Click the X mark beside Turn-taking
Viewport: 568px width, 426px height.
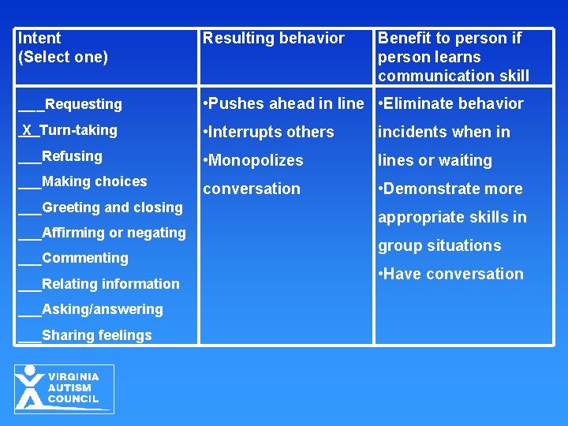point(28,130)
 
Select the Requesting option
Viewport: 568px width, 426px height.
point(83,104)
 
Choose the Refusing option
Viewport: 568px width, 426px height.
point(72,156)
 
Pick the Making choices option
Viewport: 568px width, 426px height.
point(94,181)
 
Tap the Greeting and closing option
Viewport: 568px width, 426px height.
point(111,207)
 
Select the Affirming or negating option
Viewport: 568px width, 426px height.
point(114,233)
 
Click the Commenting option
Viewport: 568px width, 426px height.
point(84,258)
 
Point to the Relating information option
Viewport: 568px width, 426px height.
point(110,284)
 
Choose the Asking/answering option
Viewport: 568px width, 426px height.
point(102,309)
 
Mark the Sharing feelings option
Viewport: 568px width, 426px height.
point(96,335)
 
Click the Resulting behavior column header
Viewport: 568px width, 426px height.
point(273,38)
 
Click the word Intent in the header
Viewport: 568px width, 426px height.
point(39,38)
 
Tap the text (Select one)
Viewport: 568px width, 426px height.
point(63,57)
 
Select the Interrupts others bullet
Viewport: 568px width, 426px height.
point(268,132)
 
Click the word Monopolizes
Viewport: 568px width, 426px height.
point(257,160)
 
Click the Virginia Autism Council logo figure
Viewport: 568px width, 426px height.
point(30,387)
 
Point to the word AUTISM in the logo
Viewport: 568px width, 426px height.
point(70,388)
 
